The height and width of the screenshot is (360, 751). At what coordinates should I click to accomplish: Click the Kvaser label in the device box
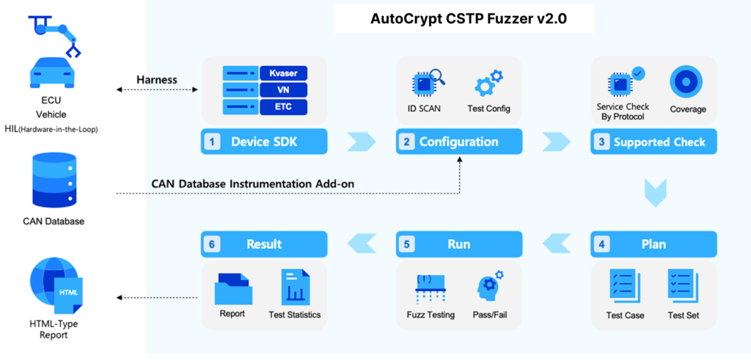tap(283, 73)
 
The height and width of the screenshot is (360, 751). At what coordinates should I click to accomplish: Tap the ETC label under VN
tap(283, 107)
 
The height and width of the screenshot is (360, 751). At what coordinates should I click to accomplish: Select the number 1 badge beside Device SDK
tap(212, 142)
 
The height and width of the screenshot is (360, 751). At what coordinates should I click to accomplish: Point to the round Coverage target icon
tap(686, 82)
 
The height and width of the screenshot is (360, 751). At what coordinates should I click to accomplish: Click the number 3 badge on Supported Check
tap(602, 142)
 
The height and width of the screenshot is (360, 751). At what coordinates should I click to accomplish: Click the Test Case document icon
tap(624, 286)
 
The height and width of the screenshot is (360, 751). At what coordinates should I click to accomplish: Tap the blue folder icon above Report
tap(234, 289)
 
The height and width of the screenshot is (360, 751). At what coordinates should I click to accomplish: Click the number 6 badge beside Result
tap(212, 244)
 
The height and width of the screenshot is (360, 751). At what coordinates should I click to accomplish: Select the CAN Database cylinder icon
tap(53, 180)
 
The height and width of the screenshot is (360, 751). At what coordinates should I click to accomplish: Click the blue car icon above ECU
tap(52, 73)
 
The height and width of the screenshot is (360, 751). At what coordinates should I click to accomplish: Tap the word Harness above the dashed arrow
tap(157, 79)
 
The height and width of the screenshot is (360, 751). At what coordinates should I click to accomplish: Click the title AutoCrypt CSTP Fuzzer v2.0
tap(464, 19)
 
